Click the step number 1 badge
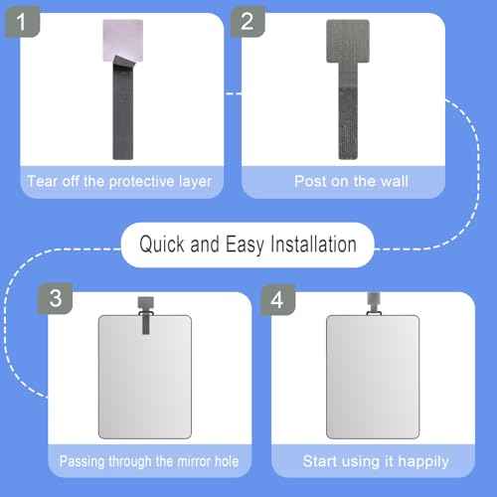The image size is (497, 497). pos(18,19)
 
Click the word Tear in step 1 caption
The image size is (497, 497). pos(42,181)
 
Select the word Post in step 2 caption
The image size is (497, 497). pos(309,181)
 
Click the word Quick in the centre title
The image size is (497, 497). pos(162,244)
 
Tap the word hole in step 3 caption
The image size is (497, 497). pos(226,461)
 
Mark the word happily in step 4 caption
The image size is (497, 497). pos(423,461)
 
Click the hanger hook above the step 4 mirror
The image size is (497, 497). pos(373,302)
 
